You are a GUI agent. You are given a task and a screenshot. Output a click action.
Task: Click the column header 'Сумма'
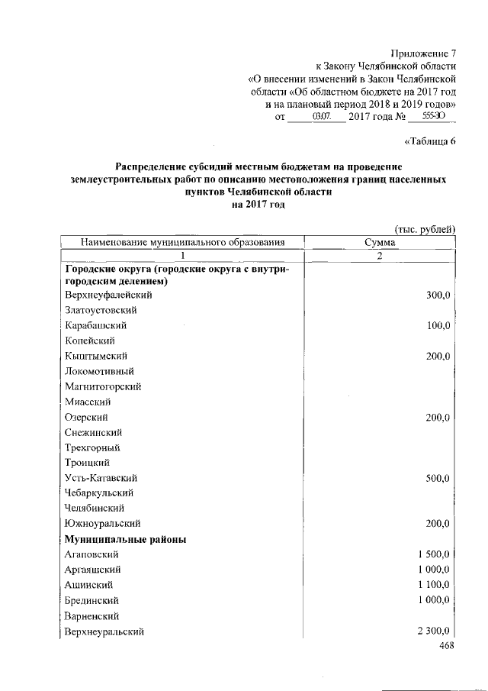(380, 242)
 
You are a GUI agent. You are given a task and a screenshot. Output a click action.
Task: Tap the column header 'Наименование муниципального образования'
(183, 242)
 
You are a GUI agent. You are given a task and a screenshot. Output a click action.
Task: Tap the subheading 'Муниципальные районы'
(126, 539)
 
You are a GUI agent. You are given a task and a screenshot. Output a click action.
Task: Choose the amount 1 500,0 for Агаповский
(435, 554)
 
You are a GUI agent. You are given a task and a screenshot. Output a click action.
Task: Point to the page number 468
(447, 646)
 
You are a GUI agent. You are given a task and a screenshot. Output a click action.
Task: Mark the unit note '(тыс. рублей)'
(425, 229)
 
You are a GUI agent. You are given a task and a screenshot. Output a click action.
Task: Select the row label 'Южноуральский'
(103, 524)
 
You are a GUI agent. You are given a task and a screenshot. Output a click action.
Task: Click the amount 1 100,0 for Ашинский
(435, 585)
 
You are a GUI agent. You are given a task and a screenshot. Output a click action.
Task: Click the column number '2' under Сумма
(380, 255)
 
